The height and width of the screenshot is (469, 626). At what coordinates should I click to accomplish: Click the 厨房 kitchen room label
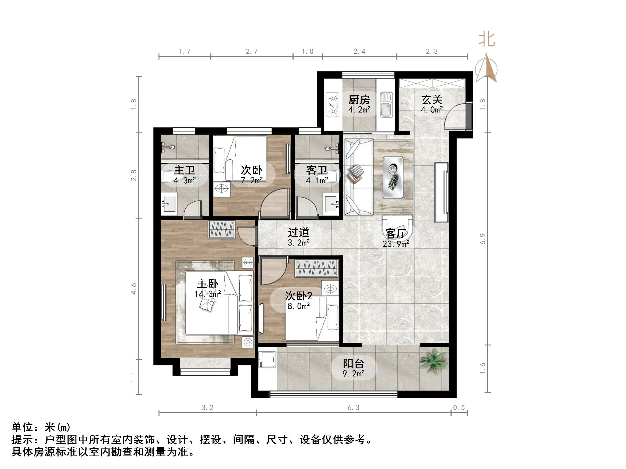coord(359,100)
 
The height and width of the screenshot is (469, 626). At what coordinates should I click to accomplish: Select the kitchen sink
coord(386,105)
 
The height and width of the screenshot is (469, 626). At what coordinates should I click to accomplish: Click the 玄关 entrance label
coord(431,100)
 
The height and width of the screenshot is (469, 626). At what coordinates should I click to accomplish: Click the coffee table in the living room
coord(393,177)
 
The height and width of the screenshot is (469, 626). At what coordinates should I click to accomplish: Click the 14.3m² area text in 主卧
coord(207,294)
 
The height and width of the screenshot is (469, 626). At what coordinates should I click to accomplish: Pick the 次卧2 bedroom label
coord(299,296)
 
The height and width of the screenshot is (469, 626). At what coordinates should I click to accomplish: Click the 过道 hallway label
coord(299,233)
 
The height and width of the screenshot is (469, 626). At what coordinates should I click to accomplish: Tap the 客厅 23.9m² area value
coord(396,244)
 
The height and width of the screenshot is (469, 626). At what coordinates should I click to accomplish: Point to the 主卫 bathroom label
coord(185,170)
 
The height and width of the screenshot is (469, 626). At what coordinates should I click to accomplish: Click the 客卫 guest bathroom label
coord(317,170)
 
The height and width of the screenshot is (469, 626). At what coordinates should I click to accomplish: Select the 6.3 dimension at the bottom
coord(354,408)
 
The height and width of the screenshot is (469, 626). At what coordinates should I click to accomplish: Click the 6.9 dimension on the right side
coord(482,239)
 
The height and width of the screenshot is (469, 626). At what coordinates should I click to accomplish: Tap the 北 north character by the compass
coord(487,40)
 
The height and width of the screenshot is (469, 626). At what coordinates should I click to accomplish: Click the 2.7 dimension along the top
coord(252,51)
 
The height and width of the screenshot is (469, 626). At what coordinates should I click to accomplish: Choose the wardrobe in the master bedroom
coord(222,229)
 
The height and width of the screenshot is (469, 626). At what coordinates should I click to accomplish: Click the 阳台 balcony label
coord(354,364)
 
